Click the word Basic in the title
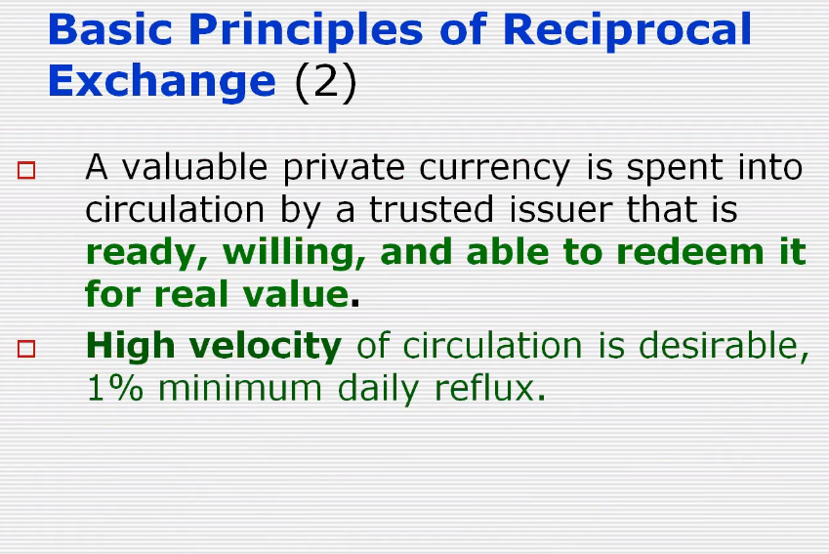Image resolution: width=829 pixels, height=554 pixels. pos(110,29)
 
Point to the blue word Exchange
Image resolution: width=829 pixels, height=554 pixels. pos(162,82)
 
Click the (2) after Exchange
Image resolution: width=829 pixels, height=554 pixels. pos(325,82)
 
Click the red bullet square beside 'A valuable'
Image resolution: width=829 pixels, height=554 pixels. pos(26,170)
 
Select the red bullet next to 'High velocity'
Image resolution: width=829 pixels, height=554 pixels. pos(26,349)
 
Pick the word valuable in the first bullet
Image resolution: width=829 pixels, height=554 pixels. pos(194,167)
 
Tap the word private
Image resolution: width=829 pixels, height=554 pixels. pos(344,169)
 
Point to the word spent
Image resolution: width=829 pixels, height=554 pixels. pos(674,169)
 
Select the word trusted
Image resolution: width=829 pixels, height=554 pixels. pos(431,209)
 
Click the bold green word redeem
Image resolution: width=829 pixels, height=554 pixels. pos(690,252)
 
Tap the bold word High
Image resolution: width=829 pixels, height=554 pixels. pos(130,347)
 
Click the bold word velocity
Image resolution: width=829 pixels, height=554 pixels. pos(266,347)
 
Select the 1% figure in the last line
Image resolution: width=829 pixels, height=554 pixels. pos(114,388)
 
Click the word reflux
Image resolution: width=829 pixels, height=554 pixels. pos(489,388)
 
